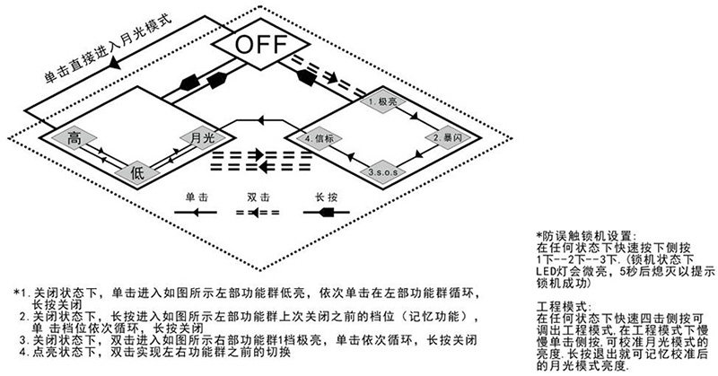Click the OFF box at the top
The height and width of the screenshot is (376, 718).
pyautogui.click(x=261, y=44)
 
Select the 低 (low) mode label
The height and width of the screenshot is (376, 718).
pyautogui.click(x=136, y=171)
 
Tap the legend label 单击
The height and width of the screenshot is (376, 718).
pyautogui.click(x=198, y=195)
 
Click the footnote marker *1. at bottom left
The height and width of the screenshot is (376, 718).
pyautogui.click(x=21, y=293)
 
